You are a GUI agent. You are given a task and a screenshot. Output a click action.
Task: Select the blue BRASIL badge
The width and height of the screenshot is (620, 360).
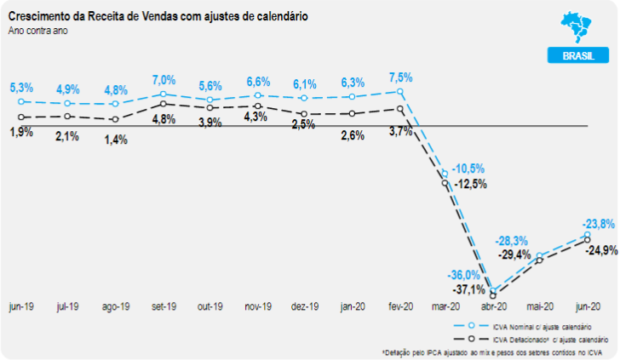[x=577, y=56]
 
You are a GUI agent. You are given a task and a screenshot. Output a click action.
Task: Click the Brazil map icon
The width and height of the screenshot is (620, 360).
[x=578, y=26]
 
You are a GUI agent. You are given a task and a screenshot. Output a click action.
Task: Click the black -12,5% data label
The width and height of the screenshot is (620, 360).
[x=471, y=184]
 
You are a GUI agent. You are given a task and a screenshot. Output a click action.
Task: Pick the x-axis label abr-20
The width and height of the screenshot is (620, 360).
[x=493, y=306]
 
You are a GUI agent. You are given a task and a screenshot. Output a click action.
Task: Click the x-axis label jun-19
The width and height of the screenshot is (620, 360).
[x=21, y=306]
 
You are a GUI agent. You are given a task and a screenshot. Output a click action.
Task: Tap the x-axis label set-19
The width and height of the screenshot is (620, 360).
[x=163, y=306]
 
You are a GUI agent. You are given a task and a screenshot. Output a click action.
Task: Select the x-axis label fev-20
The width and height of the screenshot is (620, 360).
[x=399, y=306]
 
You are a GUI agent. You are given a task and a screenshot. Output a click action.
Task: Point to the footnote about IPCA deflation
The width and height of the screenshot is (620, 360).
[x=491, y=351]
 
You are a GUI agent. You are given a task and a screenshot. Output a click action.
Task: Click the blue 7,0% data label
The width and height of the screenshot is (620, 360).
[x=163, y=80]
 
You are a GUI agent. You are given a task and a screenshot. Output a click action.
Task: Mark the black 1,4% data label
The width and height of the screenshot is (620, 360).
[x=116, y=139]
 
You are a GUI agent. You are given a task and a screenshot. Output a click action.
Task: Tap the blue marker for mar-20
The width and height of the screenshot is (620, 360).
[x=445, y=174]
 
